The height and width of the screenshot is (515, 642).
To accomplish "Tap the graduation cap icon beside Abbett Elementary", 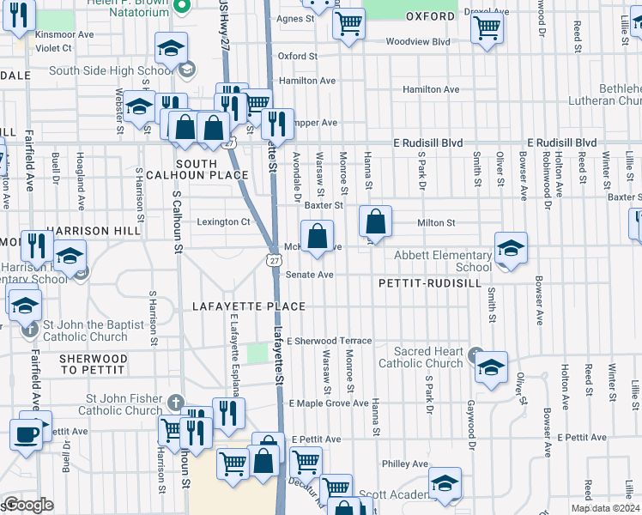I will (x=511, y=249).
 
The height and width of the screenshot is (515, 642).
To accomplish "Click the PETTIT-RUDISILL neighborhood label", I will (x=421, y=282).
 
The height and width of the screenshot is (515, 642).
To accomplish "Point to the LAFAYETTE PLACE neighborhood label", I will (x=249, y=306).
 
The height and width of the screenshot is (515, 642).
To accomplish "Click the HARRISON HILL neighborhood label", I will (x=90, y=231).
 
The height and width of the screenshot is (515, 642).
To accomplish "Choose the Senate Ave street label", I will (x=314, y=275).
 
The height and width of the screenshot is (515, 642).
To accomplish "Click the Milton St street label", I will (x=435, y=222).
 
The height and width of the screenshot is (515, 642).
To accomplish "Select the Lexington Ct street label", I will (x=223, y=221).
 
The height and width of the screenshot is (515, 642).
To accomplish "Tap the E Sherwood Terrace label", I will (x=330, y=341).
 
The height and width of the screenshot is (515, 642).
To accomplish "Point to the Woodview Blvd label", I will (x=418, y=41).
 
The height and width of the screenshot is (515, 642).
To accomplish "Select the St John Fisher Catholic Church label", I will (x=124, y=404).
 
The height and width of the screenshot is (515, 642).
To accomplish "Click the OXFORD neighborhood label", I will (x=430, y=16).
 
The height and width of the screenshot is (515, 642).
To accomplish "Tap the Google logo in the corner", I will (x=28, y=505).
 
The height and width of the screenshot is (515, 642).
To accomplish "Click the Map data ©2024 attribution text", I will (x=606, y=508).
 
